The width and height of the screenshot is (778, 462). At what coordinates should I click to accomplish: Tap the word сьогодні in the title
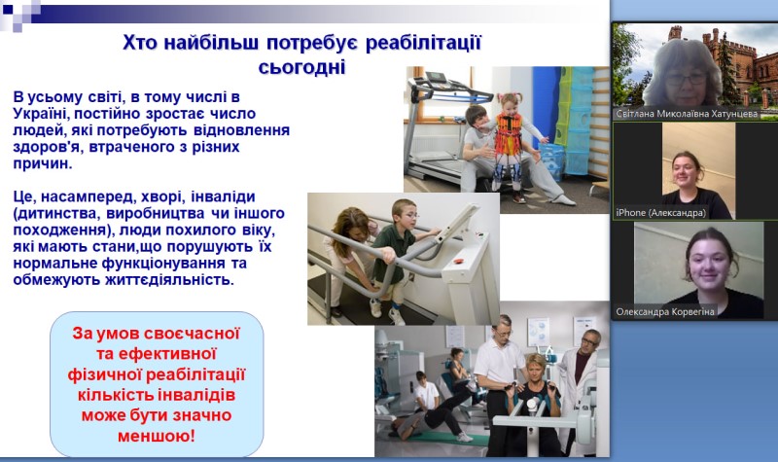[x=301, y=67]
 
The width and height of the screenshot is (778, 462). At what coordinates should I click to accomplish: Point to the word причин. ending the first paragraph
[x=43, y=163]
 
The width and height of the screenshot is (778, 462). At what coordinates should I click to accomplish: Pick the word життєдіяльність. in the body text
[x=169, y=280]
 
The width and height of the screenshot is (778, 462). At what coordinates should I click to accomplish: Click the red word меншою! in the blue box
[x=157, y=436]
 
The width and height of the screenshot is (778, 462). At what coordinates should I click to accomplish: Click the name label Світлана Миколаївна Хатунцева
[x=687, y=114]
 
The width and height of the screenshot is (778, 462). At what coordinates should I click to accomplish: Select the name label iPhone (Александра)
[x=660, y=212]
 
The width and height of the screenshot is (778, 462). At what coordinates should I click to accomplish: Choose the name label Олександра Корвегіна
[x=665, y=311]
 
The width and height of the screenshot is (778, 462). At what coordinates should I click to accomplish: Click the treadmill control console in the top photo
[x=437, y=78]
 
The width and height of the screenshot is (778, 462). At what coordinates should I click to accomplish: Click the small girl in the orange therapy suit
[x=512, y=145]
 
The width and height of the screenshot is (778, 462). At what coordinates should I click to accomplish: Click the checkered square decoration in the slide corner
[x=19, y=15]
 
